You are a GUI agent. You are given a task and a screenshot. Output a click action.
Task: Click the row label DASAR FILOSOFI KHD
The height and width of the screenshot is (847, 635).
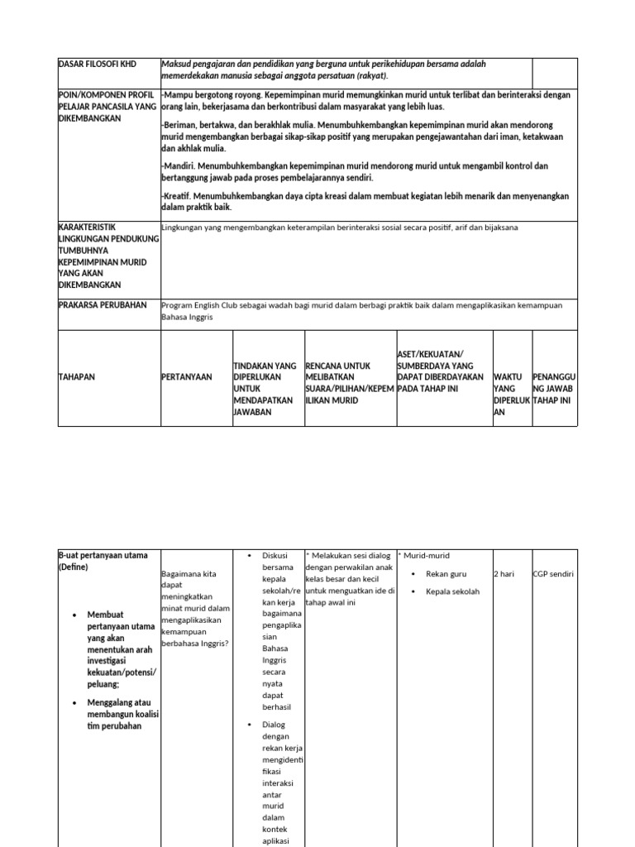pyautogui.click(x=97, y=64)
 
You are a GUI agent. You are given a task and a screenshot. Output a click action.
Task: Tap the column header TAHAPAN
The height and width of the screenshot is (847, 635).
pyautogui.click(x=77, y=377)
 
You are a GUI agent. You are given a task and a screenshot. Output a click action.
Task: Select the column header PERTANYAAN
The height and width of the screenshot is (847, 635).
pyautogui.click(x=186, y=377)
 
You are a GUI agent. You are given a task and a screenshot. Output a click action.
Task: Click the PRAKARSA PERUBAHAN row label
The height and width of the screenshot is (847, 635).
pyautogui.click(x=103, y=305)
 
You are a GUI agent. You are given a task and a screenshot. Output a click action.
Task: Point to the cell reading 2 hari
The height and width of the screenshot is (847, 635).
pyautogui.click(x=504, y=574)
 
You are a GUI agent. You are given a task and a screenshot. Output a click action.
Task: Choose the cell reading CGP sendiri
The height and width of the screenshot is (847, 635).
pyautogui.click(x=553, y=574)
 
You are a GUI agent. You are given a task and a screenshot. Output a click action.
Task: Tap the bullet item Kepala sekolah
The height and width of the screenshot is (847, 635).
pyautogui.click(x=452, y=592)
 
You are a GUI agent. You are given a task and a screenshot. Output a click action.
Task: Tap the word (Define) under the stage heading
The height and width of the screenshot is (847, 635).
pyautogui.click(x=73, y=567)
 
